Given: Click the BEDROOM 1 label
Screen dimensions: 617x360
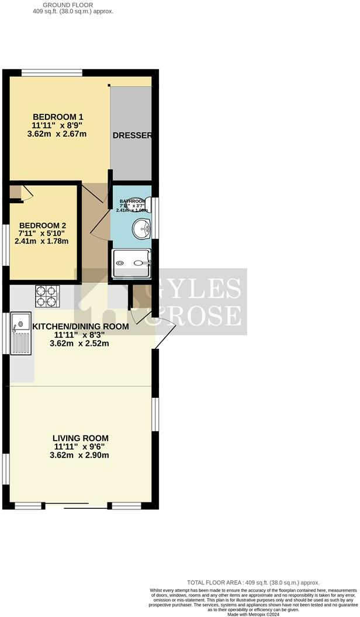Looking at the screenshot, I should coord(57,116).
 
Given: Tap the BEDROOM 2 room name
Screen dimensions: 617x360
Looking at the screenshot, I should coord(43,226).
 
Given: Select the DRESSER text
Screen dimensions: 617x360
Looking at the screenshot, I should coord(132,136).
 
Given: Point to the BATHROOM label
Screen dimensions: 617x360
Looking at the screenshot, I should coord(131,201).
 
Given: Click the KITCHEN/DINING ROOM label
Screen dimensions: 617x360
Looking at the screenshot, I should coord(81,326).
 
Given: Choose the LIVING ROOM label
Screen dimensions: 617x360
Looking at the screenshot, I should coord(81,438).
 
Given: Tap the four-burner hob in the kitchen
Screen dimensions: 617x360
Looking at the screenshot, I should coord(47,296).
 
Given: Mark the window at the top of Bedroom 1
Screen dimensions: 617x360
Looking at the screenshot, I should coord(52,72).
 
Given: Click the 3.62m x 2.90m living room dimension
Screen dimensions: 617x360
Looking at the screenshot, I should coord(81,455).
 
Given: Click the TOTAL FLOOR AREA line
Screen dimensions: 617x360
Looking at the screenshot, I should coord(253,583).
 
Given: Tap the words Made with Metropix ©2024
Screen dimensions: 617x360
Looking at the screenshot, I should coord(252,614).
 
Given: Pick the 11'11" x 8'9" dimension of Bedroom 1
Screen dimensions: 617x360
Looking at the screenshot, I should coord(57,124).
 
